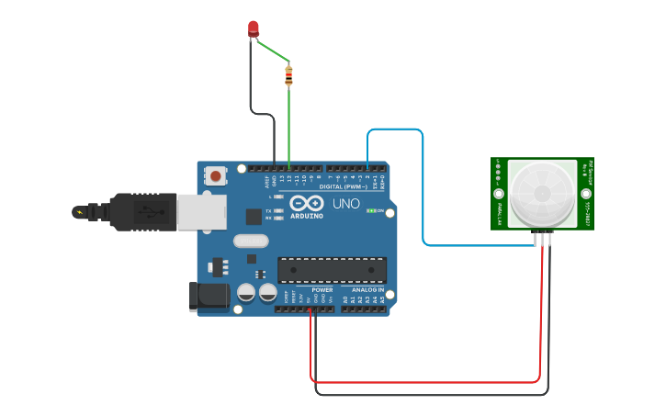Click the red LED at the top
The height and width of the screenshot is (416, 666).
pyautogui.click(x=254, y=29)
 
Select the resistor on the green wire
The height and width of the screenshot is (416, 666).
pyautogui.click(x=288, y=75)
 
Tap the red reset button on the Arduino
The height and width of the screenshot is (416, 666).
pyautogui.click(x=216, y=174)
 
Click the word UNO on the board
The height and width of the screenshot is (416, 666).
pyautogui.click(x=345, y=203)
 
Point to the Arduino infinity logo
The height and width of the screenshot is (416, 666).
pyautogui.click(x=306, y=203)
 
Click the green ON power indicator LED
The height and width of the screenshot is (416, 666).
pyautogui.click(x=371, y=210)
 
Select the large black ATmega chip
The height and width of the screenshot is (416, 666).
pyautogui.click(x=332, y=270)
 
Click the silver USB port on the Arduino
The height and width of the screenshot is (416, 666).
pyautogui.click(x=201, y=211)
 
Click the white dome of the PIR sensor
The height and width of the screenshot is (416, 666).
pyautogui.click(x=542, y=194)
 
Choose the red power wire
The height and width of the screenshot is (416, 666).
pyautogui.click(x=423, y=381)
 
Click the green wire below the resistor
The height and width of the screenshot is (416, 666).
pyautogui.click(x=289, y=129)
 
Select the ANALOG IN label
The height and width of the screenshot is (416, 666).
pyautogui.click(x=367, y=289)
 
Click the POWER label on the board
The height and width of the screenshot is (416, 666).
pyautogui.click(x=322, y=289)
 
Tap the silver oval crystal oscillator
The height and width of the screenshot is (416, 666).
pyautogui.click(x=250, y=242)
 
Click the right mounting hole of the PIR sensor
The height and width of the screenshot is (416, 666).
pyautogui.click(x=585, y=194)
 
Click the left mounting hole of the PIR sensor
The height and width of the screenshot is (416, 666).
pyautogui.click(x=499, y=194)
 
